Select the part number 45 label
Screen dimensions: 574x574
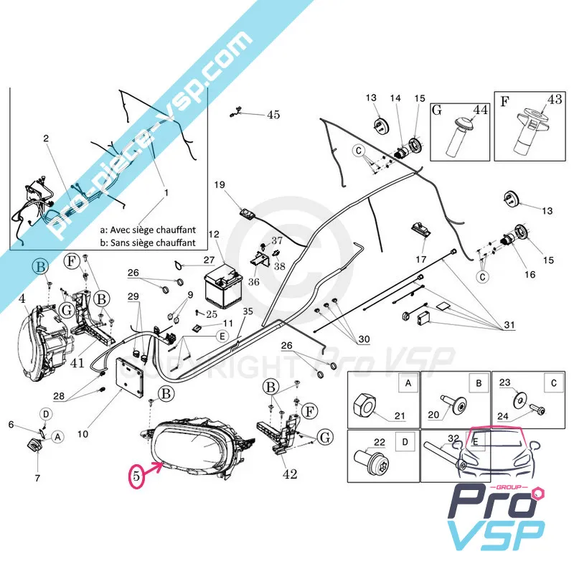click(273, 114)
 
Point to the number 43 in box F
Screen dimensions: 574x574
click(555, 99)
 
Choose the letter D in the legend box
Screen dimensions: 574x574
click(406, 441)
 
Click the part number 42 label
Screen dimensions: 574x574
click(290, 474)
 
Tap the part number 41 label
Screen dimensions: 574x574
click(77, 364)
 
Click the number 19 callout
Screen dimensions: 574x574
click(219, 184)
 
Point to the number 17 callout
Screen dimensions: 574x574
click(421, 258)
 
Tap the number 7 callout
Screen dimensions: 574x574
click(37, 477)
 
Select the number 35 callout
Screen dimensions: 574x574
click(248, 311)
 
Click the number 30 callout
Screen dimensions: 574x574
click(364, 339)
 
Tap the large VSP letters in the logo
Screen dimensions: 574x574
click(495, 535)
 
